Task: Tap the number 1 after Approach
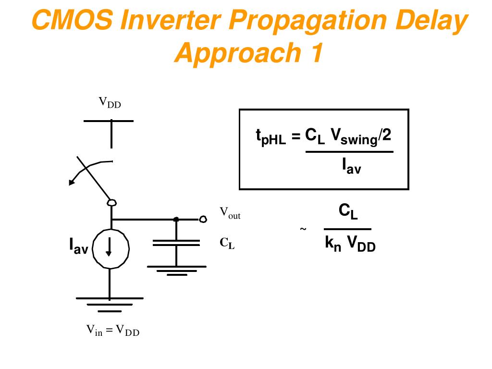pos(313,53)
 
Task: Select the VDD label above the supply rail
pos(110,102)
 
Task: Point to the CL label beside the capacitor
pos(227,244)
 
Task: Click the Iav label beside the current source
pos(78,246)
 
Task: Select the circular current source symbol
pos(111,248)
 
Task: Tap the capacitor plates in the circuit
pos(176,242)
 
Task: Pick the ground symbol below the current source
pos(110,301)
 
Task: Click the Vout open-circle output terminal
pos(203,220)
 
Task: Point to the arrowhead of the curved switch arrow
pos(72,182)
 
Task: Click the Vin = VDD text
pos(113,331)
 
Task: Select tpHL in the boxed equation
pos(270,138)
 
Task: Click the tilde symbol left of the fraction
pos(303,229)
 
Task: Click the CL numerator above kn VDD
pos(348,211)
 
